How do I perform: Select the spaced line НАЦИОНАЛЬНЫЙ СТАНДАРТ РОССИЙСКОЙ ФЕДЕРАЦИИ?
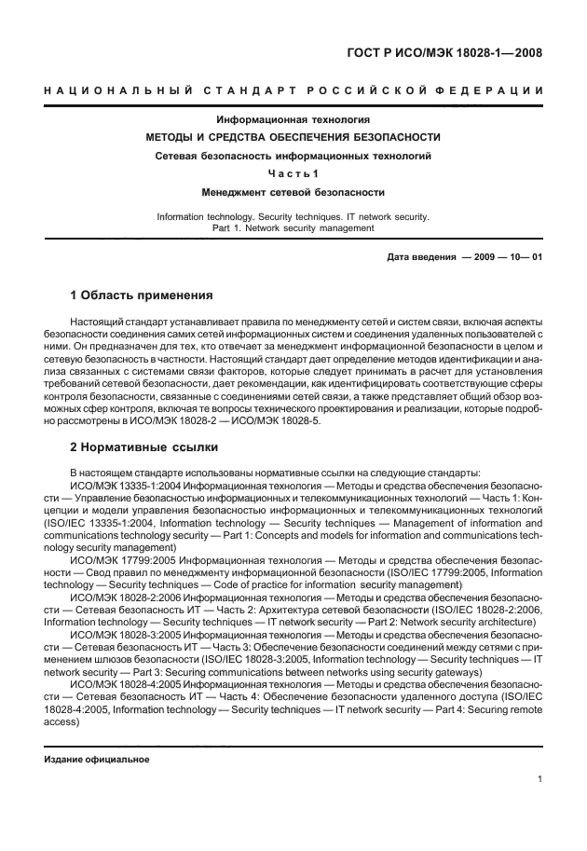[x=293, y=90]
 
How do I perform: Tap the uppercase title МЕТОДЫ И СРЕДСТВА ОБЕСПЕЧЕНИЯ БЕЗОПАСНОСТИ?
[x=293, y=137]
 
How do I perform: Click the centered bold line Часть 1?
[x=293, y=173]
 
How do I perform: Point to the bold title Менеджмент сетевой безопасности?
[x=293, y=192]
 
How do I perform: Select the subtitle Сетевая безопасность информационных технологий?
[x=293, y=155]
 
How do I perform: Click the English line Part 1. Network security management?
[x=293, y=227]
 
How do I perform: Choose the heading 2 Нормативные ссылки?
[x=143, y=446]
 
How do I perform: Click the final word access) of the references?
[x=61, y=721]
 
